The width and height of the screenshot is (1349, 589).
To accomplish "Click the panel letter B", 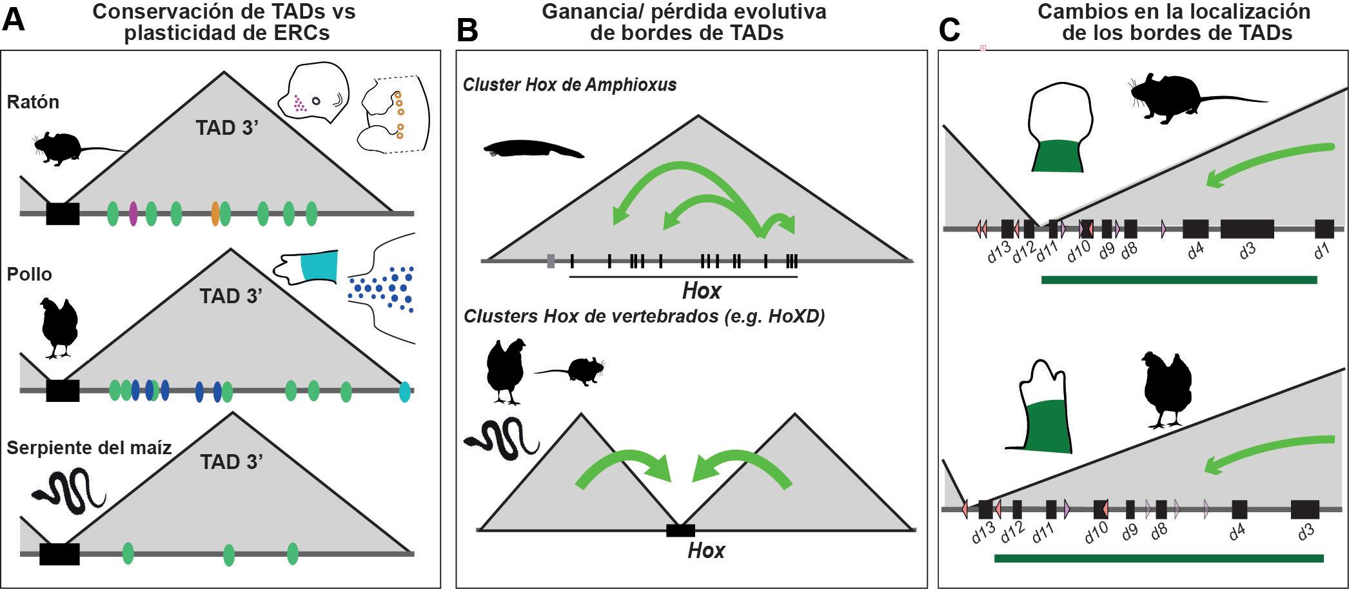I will pyautogui.click(x=468, y=30).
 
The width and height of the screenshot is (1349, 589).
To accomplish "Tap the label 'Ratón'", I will pyautogui.click(x=33, y=102).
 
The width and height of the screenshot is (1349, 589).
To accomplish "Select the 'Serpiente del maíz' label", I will pyautogui.click(x=89, y=447).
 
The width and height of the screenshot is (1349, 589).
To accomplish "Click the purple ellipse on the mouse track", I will pyautogui.click(x=133, y=214).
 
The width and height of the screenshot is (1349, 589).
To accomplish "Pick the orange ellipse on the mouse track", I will pyautogui.click(x=215, y=214).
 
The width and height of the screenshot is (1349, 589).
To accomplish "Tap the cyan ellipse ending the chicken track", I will pyautogui.click(x=404, y=392).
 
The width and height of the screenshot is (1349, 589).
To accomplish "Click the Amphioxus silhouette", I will pyautogui.click(x=533, y=150).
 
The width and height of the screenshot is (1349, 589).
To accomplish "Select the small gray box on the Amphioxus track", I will pyautogui.click(x=550, y=261).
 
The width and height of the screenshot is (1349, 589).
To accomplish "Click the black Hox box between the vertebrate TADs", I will pyautogui.click(x=680, y=530).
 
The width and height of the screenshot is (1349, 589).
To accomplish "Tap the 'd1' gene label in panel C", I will pyautogui.click(x=1323, y=252).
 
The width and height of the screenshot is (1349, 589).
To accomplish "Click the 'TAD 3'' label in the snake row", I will pyautogui.click(x=231, y=463).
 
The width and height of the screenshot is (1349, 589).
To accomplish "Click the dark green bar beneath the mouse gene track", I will pyautogui.click(x=1179, y=279).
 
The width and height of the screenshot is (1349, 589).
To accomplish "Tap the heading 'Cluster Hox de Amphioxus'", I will pyautogui.click(x=569, y=85).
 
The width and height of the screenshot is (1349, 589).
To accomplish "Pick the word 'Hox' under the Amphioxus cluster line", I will pyautogui.click(x=701, y=292).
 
